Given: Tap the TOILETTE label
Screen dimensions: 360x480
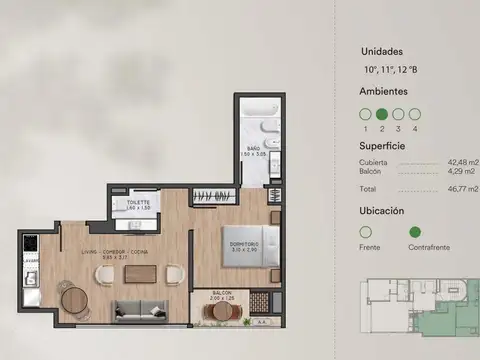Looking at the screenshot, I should coord(137,203).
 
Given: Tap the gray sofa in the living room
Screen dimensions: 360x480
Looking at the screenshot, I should coord(139,310).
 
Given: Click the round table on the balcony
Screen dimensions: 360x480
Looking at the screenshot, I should coord(221,311).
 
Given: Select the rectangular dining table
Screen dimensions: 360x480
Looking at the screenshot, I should coord(139,273).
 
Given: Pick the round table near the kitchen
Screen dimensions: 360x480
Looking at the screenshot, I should coord(73,297).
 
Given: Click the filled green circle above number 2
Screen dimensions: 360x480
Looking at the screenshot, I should coord(381,115).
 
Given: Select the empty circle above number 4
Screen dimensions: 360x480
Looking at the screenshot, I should coord(414,115).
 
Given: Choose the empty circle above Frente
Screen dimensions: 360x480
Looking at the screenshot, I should coord(365,233).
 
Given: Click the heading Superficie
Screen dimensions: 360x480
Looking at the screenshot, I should coord(381,144).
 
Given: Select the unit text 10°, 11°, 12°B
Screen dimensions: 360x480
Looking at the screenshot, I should coord(390,68).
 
